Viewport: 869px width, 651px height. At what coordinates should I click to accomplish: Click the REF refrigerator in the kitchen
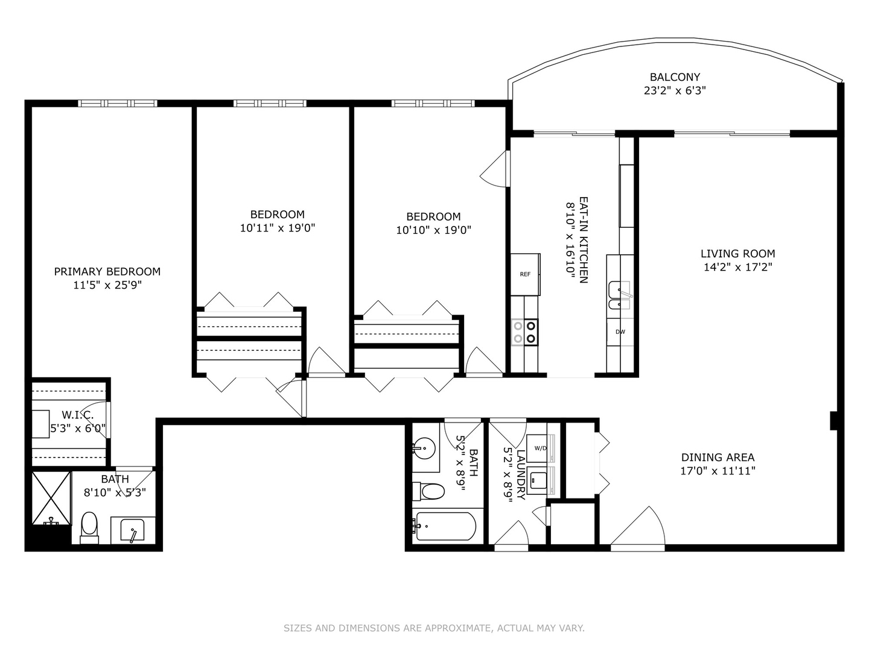[525, 274]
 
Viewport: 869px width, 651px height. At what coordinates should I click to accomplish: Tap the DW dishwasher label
[620, 332]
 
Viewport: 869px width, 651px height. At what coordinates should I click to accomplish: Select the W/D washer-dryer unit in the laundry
[540, 448]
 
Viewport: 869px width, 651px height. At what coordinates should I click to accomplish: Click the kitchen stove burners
[524, 332]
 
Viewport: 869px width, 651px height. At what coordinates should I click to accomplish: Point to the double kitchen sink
[619, 295]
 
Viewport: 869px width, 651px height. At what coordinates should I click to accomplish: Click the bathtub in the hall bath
[444, 526]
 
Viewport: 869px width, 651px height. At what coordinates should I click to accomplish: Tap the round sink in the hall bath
[424, 448]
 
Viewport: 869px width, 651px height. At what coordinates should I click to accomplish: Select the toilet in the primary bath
[89, 528]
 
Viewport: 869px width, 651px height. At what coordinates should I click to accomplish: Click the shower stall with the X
[51, 498]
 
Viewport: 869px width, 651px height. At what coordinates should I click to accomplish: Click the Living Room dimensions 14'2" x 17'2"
[738, 267]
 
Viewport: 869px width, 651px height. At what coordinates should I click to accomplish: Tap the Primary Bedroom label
[107, 271]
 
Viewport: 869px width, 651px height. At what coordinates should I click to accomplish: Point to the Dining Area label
[718, 458]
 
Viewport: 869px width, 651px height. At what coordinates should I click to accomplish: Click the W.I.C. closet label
[78, 415]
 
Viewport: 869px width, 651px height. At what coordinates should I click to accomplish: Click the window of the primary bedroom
[118, 103]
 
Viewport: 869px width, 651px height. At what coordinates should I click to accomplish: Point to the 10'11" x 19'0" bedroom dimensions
[278, 228]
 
